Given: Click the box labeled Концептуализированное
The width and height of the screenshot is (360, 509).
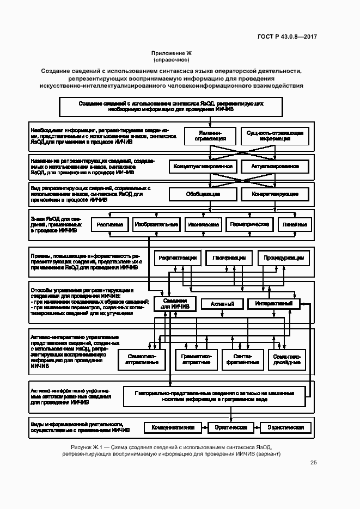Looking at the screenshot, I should click(x=203, y=166).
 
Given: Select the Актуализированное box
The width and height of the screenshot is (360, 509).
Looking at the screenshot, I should click(x=275, y=166).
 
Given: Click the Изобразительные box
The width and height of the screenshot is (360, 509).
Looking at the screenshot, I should click(x=157, y=224).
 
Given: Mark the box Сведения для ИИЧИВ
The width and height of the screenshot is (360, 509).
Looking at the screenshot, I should click(x=175, y=304).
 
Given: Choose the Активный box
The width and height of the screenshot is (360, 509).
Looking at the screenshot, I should click(x=218, y=304).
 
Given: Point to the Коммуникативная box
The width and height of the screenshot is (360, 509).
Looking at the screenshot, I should click(x=173, y=428).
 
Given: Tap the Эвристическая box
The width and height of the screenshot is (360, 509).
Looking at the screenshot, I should click(x=231, y=428).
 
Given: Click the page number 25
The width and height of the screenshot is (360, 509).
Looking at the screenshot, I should click(x=314, y=463).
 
